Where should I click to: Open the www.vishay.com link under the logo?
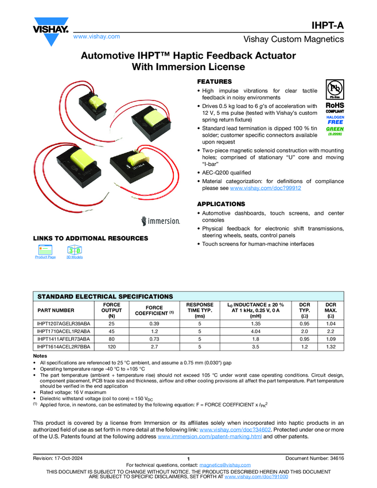point(96,36)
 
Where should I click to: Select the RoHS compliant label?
point(335,108)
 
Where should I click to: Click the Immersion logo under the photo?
point(161,220)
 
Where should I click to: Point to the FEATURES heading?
point(215,82)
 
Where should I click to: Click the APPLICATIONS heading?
point(221,204)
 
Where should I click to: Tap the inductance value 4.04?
point(256,331)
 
